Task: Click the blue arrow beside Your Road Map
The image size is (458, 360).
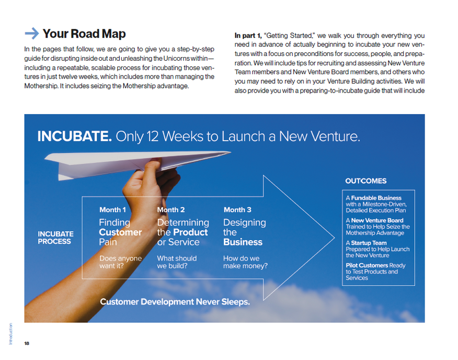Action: pos(32,33)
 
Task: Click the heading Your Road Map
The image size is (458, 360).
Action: pos(84,33)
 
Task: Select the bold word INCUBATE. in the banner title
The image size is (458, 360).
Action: pos(74,136)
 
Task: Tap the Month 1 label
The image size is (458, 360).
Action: pos(112,210)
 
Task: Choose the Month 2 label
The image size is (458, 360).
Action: pos(171,210)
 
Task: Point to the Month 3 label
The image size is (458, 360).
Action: pos(237,210)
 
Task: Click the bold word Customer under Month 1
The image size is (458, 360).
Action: pos(120,232)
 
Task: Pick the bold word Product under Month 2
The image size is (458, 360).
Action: pos(190,232)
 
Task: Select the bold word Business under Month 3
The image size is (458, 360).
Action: pos(243,242)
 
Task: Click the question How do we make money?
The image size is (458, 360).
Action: pos(245,262)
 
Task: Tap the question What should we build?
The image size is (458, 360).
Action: pos(177,262)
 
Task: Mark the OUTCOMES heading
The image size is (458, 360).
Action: pos(365,181)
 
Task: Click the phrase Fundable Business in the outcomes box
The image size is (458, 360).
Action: pos(376,198)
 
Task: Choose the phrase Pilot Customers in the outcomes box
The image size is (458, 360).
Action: pos(367,265)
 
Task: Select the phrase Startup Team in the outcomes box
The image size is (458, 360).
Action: pos(369,243)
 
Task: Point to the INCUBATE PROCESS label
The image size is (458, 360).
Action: pos(55,238)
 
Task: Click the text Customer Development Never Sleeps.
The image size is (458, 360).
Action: pos(175,302)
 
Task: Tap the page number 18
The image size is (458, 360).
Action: pos(27,343)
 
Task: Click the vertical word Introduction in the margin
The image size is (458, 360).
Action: pos(11,334)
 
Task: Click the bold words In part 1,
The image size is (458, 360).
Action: pos(248,36)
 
